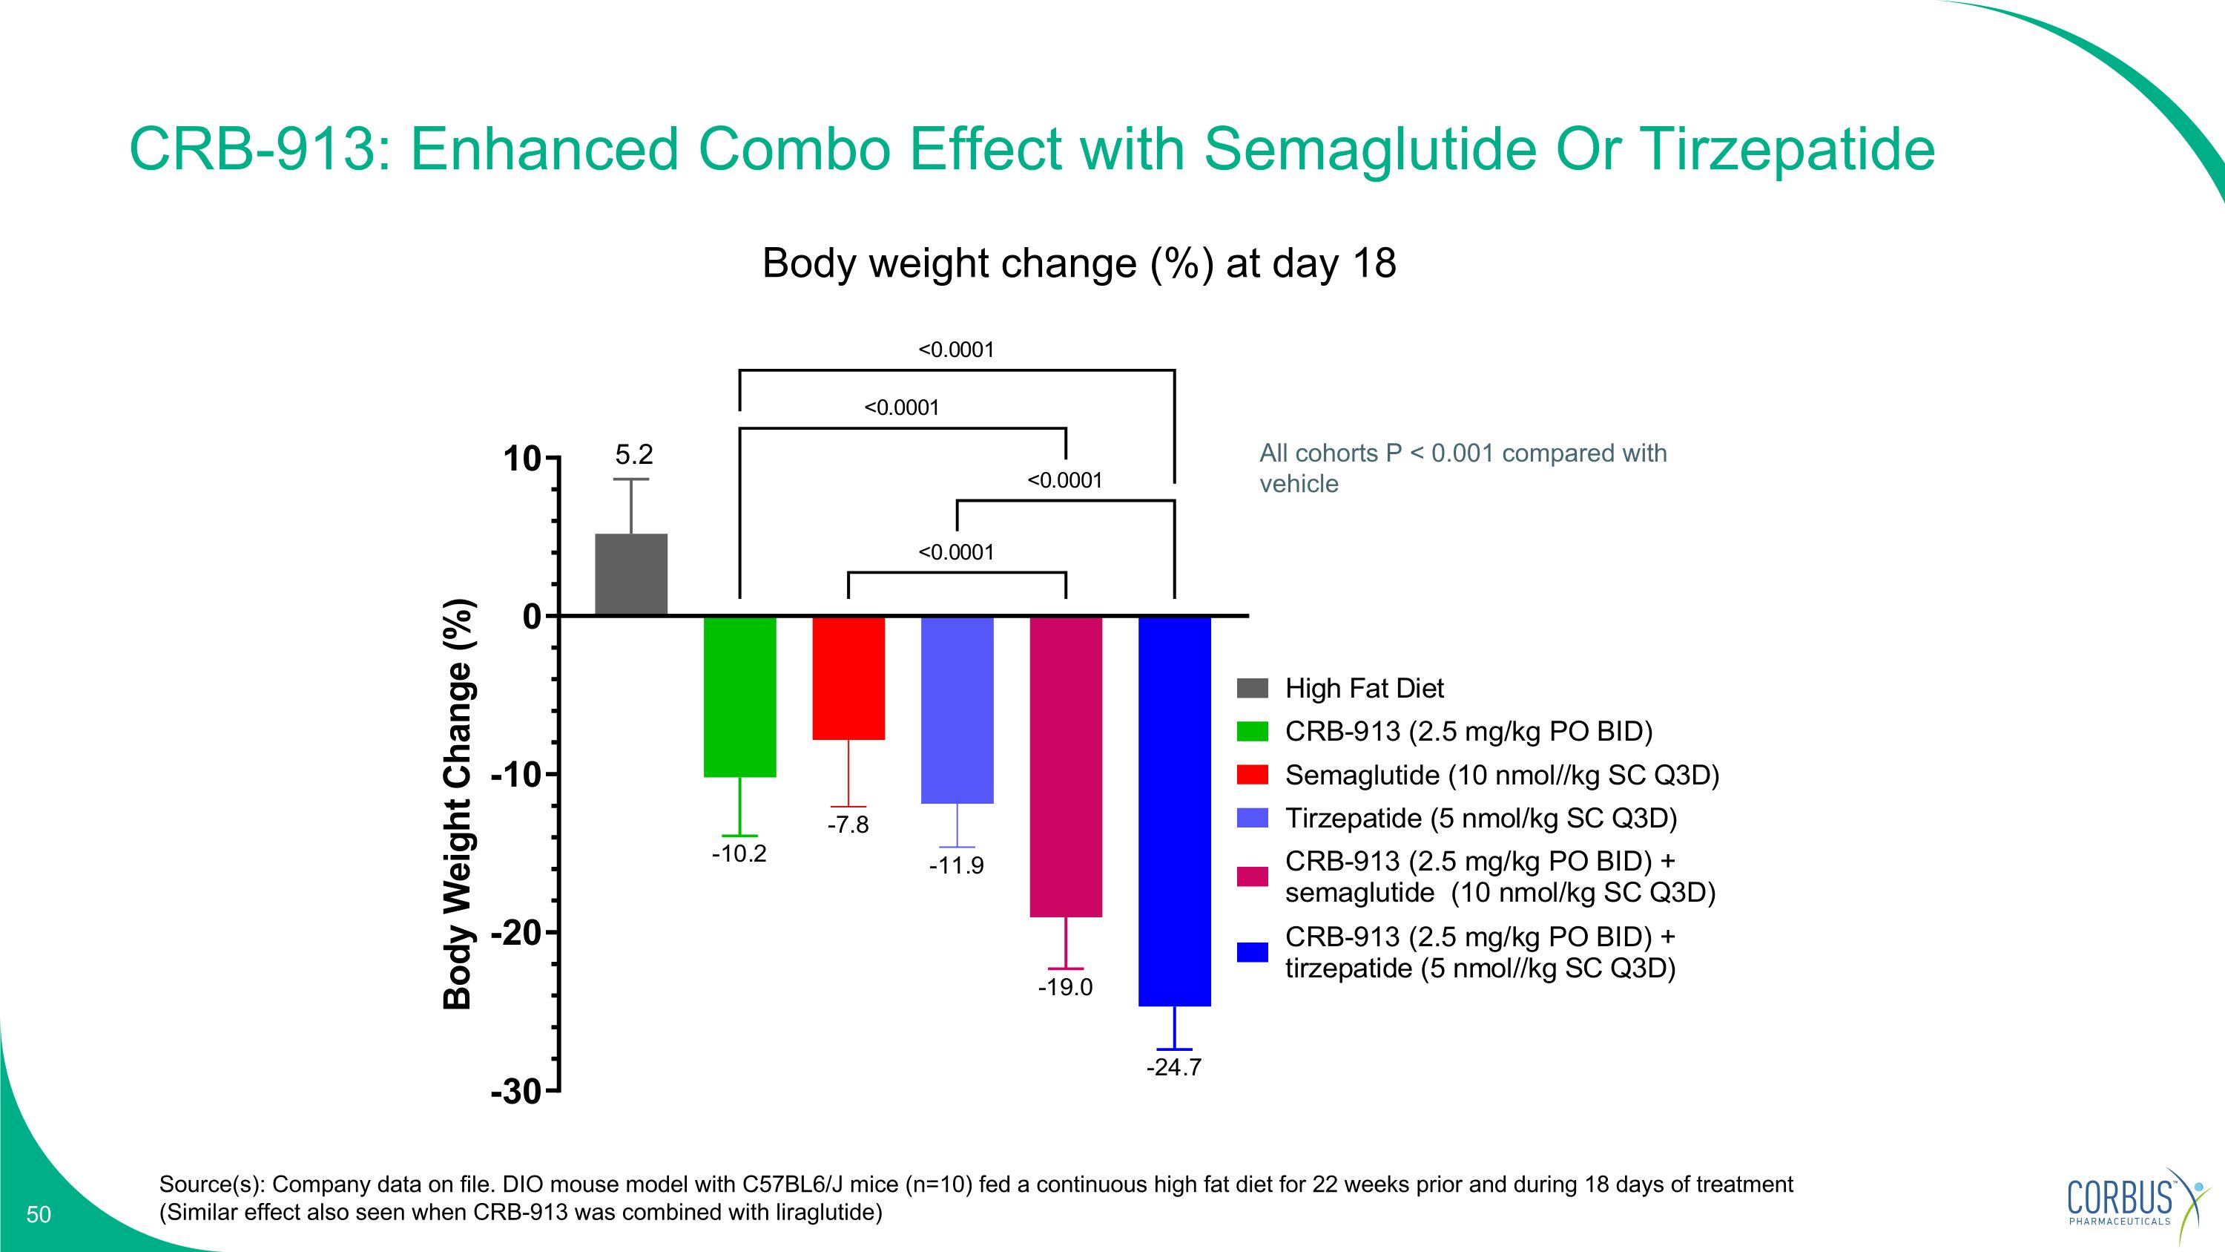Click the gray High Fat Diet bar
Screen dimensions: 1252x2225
(x=631, y=574)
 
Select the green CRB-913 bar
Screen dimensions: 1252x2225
(x=740, y=696)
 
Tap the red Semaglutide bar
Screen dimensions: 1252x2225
(x=848, y=678)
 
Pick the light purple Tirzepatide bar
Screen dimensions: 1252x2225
(x=957, y=709)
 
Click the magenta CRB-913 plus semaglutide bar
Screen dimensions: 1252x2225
(x=1066, y=767)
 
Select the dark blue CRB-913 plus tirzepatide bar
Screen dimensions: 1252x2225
(x=1175, y=810)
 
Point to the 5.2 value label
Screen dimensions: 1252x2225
(x=634, y=454)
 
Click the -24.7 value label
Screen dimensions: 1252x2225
(x=1174, y=1068)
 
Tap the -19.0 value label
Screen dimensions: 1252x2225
(x=1065, y=988)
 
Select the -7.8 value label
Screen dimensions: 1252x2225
(x=848, y=825)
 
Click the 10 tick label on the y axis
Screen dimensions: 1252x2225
(x=523, y=459)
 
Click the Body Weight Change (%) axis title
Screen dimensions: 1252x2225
(x=458, y=804)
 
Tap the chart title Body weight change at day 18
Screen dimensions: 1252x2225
(x=1079, y=263)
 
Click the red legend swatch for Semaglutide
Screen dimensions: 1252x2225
(x=1253, y=775)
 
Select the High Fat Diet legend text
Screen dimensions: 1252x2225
(x=1364, y=689)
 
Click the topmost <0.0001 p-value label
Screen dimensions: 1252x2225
(x=956, y=350)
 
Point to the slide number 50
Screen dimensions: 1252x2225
(x=39, y=1215)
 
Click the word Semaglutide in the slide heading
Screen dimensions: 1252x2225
(x=1369, y=148)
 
